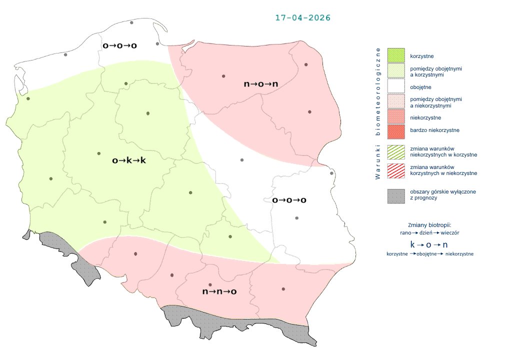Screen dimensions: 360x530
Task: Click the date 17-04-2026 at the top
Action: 303,17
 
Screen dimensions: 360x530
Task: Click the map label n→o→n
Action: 260,84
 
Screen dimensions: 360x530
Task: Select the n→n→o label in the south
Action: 219,291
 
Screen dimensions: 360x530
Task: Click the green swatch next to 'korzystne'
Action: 395,55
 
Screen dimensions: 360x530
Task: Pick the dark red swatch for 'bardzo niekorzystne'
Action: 395,130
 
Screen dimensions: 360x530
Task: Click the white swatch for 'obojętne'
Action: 395,87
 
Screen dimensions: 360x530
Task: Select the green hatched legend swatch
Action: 395,152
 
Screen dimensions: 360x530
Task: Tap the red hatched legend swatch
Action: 395,170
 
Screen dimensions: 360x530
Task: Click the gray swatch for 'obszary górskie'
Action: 395,195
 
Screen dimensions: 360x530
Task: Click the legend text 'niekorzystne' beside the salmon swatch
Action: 425,117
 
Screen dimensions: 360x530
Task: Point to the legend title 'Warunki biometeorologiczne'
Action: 378,113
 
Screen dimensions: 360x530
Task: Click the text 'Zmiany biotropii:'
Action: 429,225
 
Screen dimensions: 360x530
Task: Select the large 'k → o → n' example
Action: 429,245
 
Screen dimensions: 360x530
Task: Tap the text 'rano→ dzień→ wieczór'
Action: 430,233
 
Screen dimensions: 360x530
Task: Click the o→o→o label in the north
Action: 119,45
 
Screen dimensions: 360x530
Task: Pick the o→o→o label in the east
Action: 289,200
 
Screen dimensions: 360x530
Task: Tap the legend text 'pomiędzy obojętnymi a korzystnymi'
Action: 435,71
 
